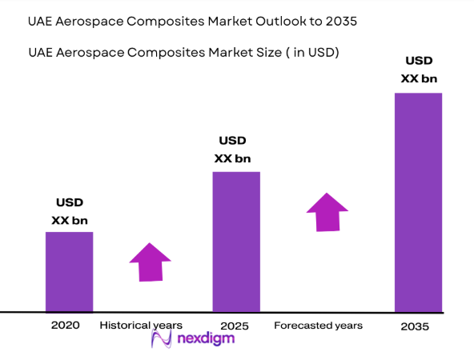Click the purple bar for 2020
pos(69,271)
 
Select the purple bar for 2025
pos(236,241)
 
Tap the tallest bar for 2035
pos(418,202)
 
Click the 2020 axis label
pos(66,326)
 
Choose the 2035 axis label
pos(416,326)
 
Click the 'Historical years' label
pos(141,326)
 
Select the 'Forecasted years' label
pos(318,326)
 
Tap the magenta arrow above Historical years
pos(151,262)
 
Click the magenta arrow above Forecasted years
pos(327,212)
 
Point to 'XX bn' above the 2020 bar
pos(70,220)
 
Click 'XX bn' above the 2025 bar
pos(234,158)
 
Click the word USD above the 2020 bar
pos(70,202)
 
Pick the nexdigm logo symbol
pos(163,339)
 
